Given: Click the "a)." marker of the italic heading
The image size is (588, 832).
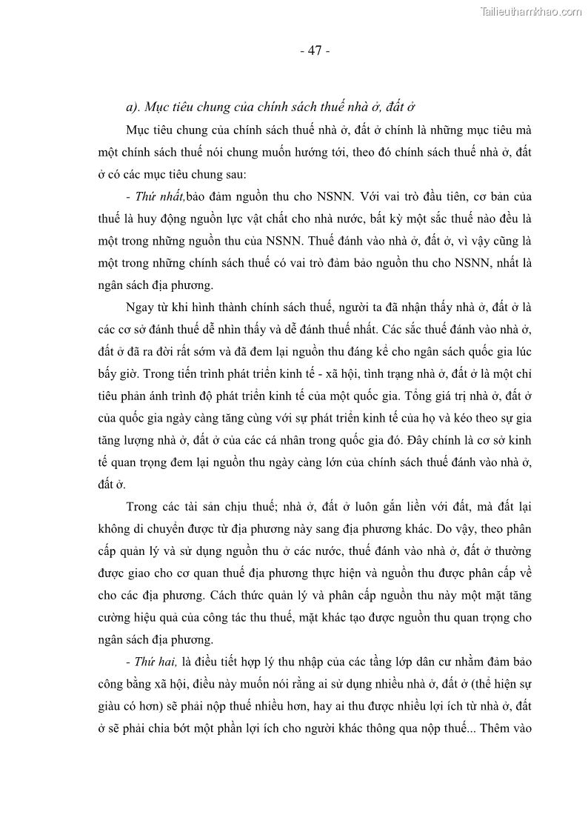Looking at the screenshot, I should pyautogui.click(x=133, y=107).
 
